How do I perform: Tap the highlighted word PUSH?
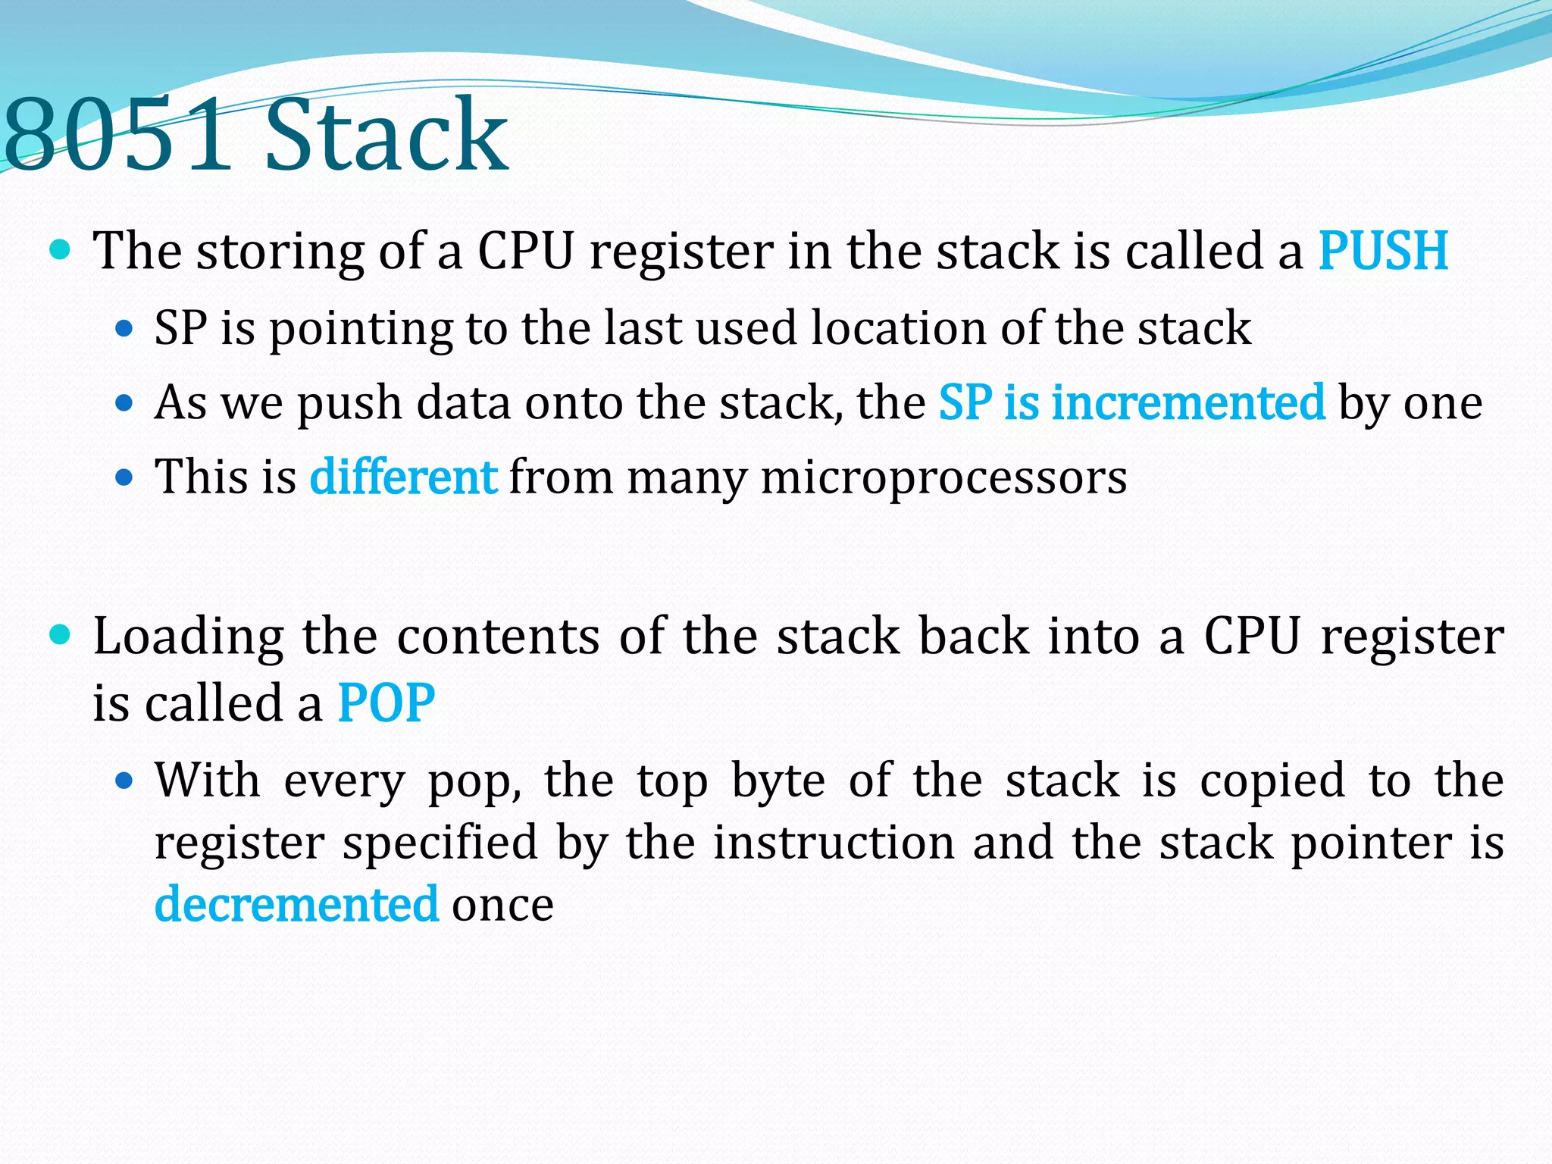tap(1383, 251)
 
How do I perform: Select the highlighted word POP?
tap(386, 703)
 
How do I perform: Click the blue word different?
tap(403, 477)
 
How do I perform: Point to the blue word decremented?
tap(296, 904)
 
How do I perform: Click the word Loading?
tap(188, 637)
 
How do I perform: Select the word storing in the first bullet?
tap(280, 252)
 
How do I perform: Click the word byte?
tap(778, 781)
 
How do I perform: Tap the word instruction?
tap(834, 843)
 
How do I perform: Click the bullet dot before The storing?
tap(59, 249)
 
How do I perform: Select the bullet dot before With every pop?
tap(124, 780)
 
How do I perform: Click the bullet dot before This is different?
tap(124, 477)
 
